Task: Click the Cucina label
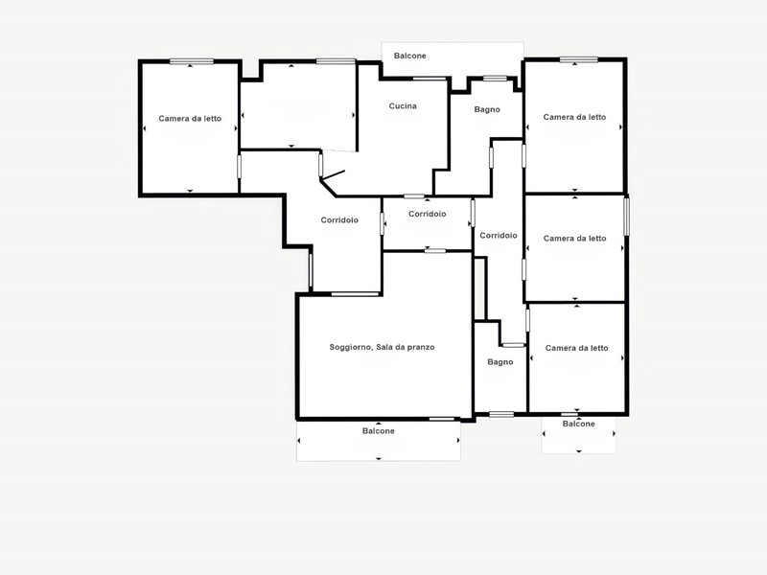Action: pos(403,106)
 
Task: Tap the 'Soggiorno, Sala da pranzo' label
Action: pos(382,347)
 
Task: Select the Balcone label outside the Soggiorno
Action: pos(378,430)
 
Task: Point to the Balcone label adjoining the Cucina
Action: pos(410,56)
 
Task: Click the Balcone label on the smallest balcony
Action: pos(579,424)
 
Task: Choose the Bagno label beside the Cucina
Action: pos(487,109)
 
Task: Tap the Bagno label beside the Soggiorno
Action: pos(500,362)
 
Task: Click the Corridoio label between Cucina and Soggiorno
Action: pos(427,214)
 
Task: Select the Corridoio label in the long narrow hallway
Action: pos(498,235)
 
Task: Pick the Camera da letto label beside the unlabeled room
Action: pos(190,118)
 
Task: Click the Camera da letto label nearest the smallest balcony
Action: pos(577,348)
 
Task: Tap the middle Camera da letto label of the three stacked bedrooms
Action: pos(574,239)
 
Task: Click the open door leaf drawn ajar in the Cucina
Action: pos(333,175)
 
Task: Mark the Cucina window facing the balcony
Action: pos(430,79)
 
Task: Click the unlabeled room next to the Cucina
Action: pos(298,106)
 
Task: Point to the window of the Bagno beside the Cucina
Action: pos(495,79)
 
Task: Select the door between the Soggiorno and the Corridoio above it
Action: pos(355,294)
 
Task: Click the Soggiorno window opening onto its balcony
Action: pos(442,419)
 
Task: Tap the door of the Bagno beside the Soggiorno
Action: pos(513,345)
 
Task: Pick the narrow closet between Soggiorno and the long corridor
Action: pos(480,289)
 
